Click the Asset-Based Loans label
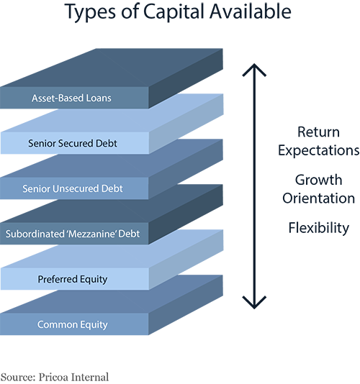tap(72, 98)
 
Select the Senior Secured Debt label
tap(73, 143)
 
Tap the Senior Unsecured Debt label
tap(73, 188)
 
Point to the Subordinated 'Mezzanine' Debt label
tap(73, 234)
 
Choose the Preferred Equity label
tap(73, 279)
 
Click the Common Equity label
tap(73, 324)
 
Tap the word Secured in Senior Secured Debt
tap(78, 143)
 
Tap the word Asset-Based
tap(58, 98)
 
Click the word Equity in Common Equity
tap(93, 324)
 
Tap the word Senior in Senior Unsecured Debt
tap(37, 188)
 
